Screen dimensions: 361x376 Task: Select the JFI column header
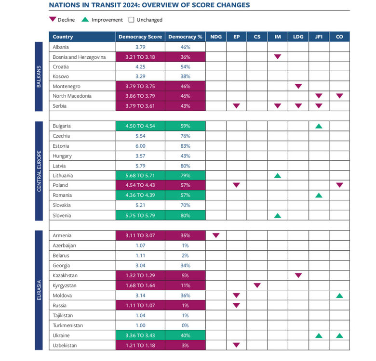coord(319,37)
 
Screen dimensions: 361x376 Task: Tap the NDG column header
coord(216,37)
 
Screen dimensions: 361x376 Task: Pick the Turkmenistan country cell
coord(67,325)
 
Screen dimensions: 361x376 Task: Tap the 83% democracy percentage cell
coord(185,146)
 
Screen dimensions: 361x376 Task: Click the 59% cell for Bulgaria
coord(185,126)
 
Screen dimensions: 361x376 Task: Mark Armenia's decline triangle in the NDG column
coord(216,235)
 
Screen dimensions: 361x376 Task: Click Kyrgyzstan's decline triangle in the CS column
coord(257,285)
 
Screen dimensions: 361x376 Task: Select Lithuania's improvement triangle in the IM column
coord(278,176)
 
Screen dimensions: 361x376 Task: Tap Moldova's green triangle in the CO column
coord(339,295)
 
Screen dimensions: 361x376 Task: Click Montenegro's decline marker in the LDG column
coord(298,86)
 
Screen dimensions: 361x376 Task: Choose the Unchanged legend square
coord(131,20)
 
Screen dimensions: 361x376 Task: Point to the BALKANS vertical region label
coord(39,77)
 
